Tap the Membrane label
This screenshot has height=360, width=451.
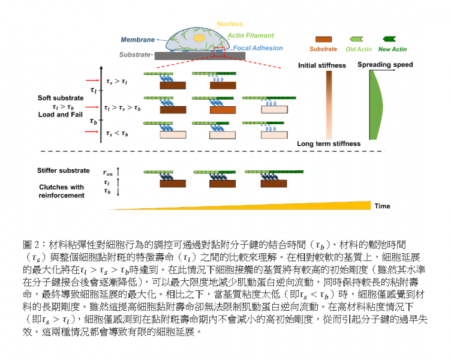(137, 40)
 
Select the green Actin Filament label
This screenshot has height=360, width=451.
(252, 35)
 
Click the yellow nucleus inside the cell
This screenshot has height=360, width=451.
(197, 37)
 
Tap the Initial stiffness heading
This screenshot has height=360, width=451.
(322, 65)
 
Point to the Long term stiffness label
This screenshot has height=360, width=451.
(329, 144)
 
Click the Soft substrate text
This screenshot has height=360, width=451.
(58, 98)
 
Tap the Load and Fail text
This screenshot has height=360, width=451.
(58, 115)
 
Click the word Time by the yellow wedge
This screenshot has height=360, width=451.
(383, 206)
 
